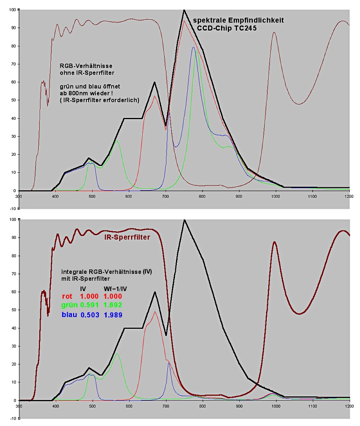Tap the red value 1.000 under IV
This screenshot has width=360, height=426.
point(89,296)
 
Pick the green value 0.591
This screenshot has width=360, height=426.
point(89,305)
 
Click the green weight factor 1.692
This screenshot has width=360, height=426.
point(113,305)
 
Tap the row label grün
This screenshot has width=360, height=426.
point(68,305)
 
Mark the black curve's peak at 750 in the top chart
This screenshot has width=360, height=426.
point(184,10)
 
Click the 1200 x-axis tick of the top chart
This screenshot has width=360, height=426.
point(349,196)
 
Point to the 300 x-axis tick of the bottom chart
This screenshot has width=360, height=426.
point(18,405)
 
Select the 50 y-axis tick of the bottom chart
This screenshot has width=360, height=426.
point(12,310)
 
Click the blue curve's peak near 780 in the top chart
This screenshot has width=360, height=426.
point(193,47)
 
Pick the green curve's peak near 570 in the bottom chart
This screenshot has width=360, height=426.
point(117,354)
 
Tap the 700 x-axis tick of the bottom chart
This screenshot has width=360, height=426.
point(166,405)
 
